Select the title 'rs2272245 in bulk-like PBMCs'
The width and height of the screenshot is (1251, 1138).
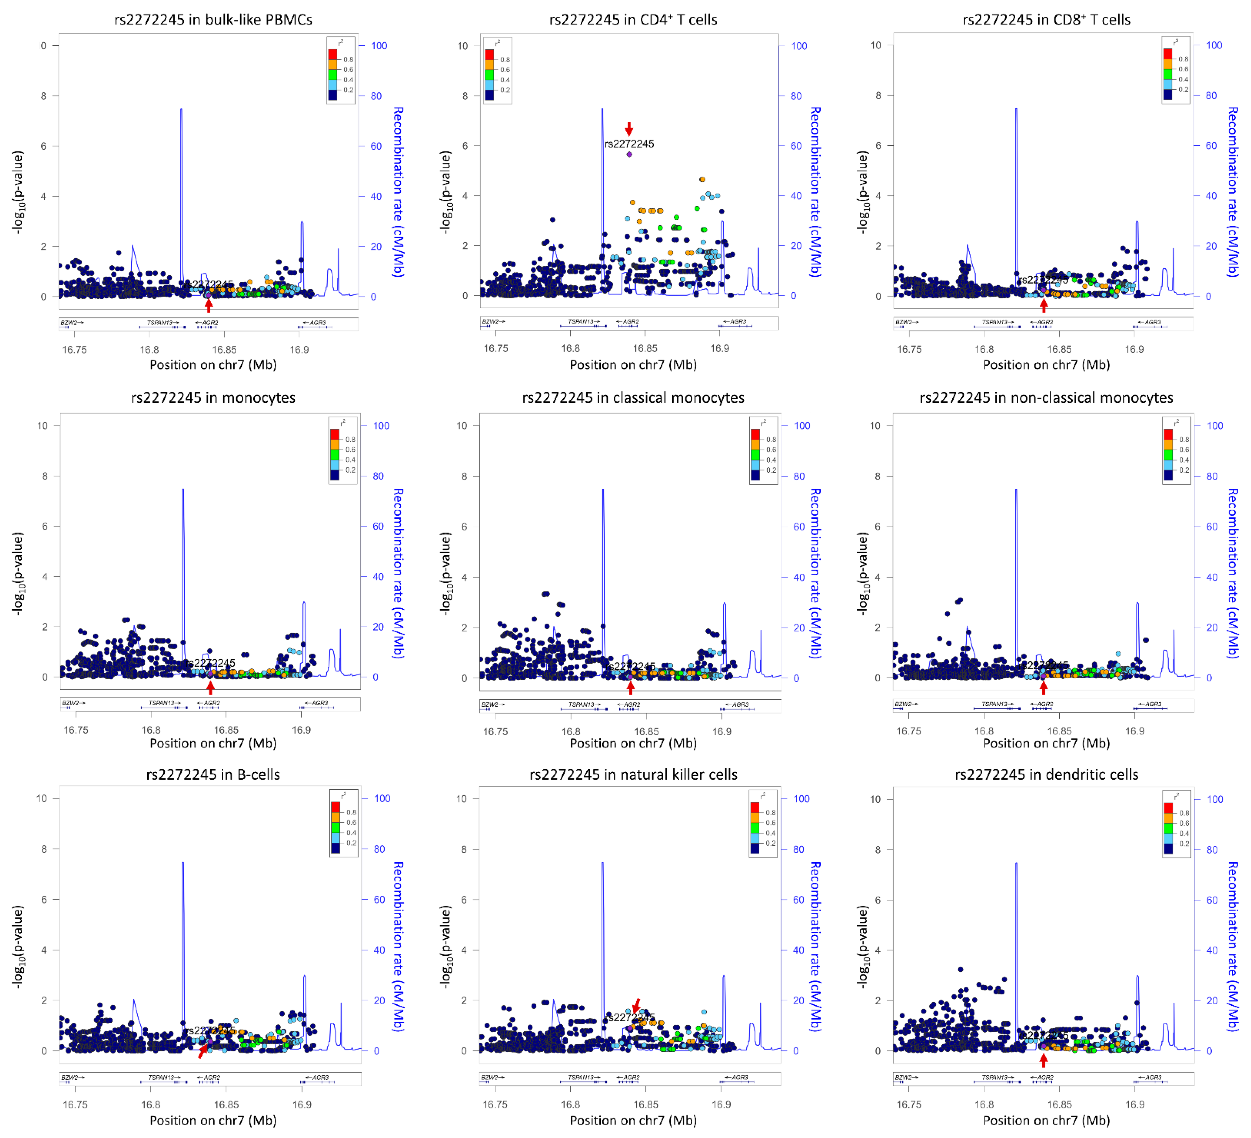pos(213,20)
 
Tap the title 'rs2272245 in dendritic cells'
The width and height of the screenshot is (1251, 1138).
pos(1046,774)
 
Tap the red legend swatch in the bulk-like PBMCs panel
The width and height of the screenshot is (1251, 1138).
pos(332,54)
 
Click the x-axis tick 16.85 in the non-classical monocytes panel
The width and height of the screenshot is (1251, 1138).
pos(1059,731)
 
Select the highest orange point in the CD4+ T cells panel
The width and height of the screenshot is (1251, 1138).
pos(702,179)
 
